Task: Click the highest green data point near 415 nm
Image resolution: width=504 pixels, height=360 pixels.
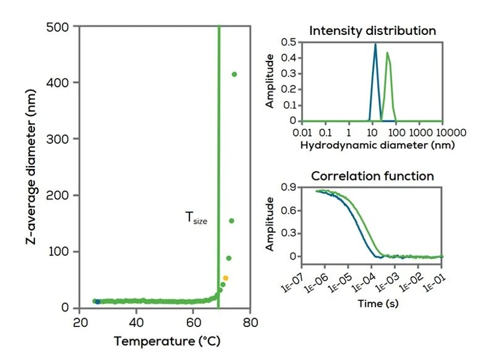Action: [x=234, y=75]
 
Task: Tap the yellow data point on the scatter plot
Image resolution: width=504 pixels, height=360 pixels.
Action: [x=226, y=278]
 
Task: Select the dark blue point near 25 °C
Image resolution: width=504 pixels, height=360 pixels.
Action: [x=97, y=302]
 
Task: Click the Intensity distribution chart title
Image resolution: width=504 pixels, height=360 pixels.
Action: [x=372, y=30]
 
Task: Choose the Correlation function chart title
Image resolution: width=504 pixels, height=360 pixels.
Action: [x=372, y=176]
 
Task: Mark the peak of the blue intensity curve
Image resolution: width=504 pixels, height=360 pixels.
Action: [x=375, y=44]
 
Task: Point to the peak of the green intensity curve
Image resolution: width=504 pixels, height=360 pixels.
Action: [x=387, y=53]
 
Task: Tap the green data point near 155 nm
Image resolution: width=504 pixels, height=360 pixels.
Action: [x=232, y=221]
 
